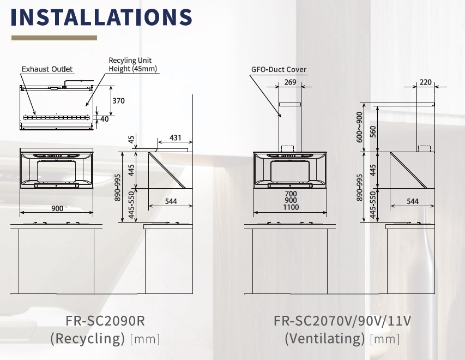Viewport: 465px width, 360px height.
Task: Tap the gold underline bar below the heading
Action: [x=55, y=38]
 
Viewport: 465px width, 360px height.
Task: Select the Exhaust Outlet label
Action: [x=47, y=69]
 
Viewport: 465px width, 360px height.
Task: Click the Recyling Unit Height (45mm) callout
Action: [x=132, y=64]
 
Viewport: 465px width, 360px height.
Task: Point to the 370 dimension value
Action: [x=119, y=101]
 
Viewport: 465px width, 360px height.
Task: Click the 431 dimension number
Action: [x=176, y=137]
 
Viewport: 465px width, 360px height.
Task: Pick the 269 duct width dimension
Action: [x=290, y=82]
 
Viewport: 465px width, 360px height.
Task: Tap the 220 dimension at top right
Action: [x=426, y=82]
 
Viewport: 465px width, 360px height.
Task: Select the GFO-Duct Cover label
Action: [x=279, y=69]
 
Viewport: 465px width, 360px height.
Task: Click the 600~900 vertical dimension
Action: [x=359, y=127]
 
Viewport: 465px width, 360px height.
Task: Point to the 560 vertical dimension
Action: [x=373, y=131]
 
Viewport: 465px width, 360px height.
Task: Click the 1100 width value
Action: [x=291, y=207]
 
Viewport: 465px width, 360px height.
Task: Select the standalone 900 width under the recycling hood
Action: [x=57, y=208]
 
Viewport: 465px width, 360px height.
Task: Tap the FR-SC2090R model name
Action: [x=105, y=321]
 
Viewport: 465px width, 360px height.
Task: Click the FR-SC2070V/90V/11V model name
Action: [x=342, y=321]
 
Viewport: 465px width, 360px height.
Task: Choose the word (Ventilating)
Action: [x=325, y=338]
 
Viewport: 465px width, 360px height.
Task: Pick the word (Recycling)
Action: [x=87, y=338]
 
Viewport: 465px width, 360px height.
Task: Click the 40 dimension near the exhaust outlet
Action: [x=105, y=119]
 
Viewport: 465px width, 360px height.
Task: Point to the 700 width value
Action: [x=291, y=194]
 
